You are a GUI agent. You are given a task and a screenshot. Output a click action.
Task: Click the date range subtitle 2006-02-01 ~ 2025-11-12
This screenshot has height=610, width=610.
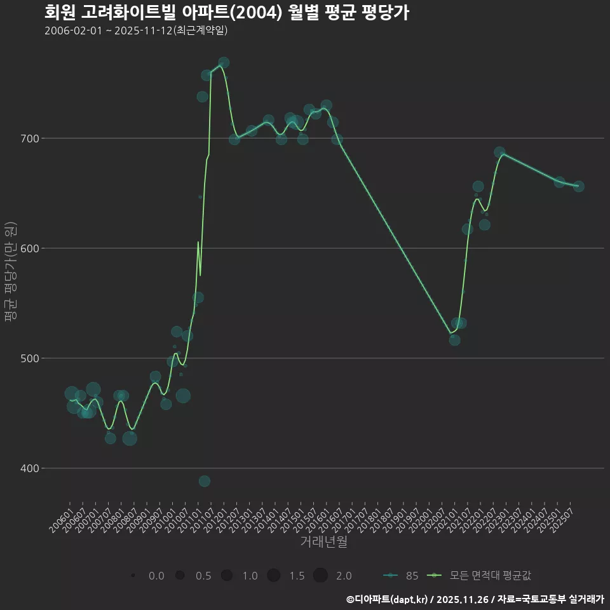136,30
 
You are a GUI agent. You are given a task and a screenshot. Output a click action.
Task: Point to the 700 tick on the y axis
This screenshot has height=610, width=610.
32,139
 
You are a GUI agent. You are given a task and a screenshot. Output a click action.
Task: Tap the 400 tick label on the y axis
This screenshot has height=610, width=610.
32,468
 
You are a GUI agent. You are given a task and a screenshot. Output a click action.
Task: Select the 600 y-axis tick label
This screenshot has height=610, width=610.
32,248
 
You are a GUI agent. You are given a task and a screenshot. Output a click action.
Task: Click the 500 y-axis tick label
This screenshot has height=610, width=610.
32,358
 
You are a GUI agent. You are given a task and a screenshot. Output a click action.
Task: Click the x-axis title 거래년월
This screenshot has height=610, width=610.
323,542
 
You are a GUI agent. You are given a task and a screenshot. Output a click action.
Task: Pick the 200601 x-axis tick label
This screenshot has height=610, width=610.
60,520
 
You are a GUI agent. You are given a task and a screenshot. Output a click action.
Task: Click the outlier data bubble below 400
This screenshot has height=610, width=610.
204,481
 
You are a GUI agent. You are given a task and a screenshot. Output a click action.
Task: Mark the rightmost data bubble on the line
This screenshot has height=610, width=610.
579,186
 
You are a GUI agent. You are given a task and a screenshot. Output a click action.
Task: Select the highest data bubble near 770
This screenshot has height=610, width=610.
224,62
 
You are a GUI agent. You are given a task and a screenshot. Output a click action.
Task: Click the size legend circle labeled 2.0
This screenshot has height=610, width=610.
320,576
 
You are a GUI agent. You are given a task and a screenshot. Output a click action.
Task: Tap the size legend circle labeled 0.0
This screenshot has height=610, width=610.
133,576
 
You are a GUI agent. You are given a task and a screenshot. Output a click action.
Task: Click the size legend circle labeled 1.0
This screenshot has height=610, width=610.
227,576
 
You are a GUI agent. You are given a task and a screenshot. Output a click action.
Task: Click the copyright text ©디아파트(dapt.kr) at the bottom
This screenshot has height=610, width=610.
388,599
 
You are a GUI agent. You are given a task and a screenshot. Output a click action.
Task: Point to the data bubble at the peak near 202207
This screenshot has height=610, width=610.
499,152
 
